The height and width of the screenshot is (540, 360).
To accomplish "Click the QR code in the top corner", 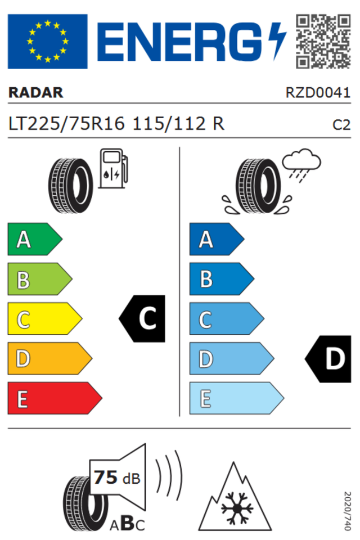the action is [323, 41].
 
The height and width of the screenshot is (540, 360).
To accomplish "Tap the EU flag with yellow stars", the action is [48, 41].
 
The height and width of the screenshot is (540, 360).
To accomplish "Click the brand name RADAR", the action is [36, 92].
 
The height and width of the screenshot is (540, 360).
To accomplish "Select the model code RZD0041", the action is [318, 92].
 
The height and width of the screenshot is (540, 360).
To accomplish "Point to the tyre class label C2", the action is [341, 125].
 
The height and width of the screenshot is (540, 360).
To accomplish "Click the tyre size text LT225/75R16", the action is [66, 123].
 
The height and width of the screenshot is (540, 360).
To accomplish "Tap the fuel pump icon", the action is [113, 168].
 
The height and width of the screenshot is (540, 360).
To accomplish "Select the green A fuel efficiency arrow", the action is [35, 239].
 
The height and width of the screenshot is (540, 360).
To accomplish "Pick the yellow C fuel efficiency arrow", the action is [45, 318].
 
